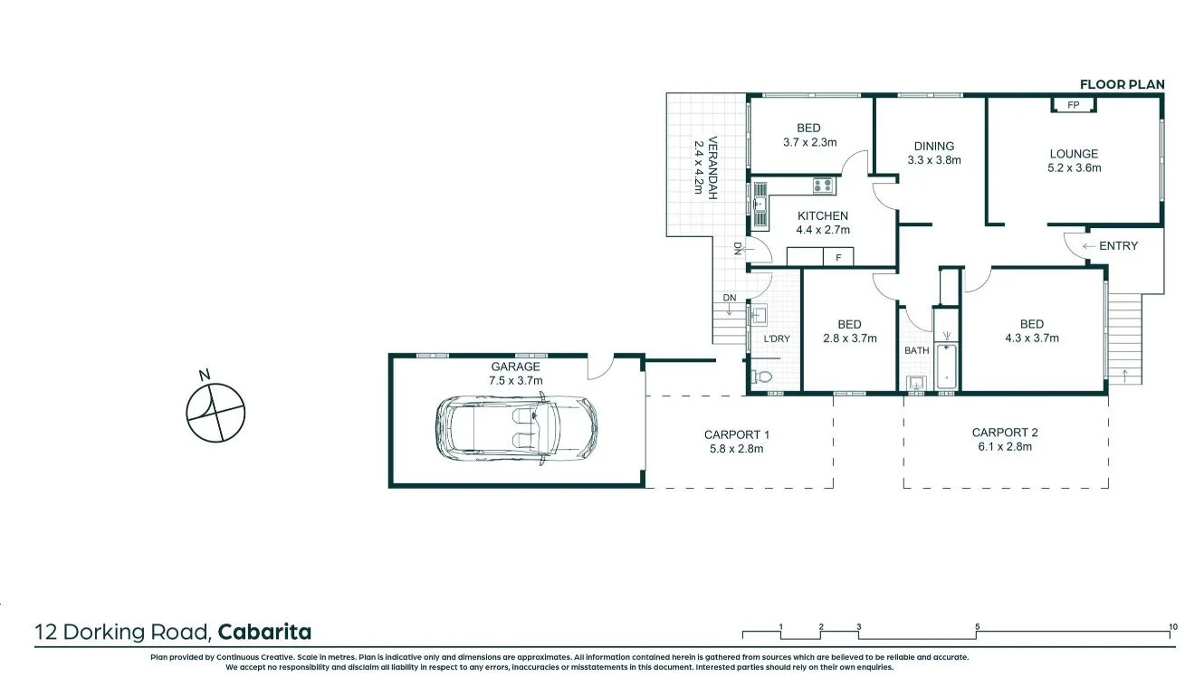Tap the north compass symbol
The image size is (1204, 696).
pyautogui.click(x=215, y=412)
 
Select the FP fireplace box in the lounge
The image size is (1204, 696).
pyautogui.click(x=1074, y=105)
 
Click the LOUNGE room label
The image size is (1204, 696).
pyautogui.click(x=1074, y=154)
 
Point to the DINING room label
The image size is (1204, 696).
pyautogui.click(x=933, y=146)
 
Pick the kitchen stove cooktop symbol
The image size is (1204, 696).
pyautogui.click(x=823, y=186)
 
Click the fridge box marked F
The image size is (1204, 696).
pyautogui.click(x=838, y=258)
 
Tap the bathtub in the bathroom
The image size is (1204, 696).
pyautogui.click(x=946, y=366)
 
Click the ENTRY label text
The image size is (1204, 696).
pyautogui.click(x=1118, y=245)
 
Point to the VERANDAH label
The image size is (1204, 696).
pyautogui.click(x=712, y=168)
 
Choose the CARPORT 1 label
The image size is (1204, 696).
pyautogui.click(x=733, y=434)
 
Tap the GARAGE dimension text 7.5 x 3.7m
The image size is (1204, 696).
pyautogui.click(x=516, y=380)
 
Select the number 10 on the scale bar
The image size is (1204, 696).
pyautogui.click(x=1173, y=626)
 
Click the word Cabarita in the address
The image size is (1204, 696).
pyautogui.click(x=265, y=632)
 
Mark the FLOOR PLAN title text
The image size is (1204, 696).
pyautogui.click(x=1122, y=84)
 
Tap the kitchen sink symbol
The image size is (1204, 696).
pyautogui.click(x=759, y=205)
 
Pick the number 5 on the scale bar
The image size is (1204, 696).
pyautogui.click(x=978, y=626)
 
